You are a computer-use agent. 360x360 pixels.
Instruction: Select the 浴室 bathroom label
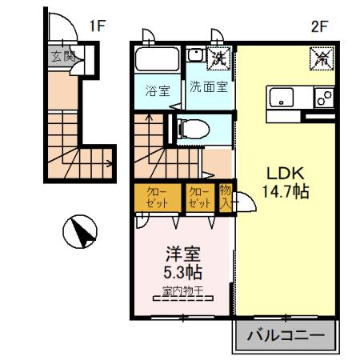157,90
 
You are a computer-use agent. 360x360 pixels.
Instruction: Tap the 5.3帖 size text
182,273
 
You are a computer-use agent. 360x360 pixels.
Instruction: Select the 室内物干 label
182,290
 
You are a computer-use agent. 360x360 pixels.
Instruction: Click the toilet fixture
190,127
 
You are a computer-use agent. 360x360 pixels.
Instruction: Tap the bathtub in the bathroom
158,59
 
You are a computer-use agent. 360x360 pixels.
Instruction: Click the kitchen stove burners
324,98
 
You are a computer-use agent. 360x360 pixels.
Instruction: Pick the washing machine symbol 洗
218,57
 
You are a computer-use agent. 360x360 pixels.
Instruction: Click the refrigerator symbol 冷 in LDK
322,58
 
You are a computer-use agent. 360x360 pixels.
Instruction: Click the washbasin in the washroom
195,57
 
